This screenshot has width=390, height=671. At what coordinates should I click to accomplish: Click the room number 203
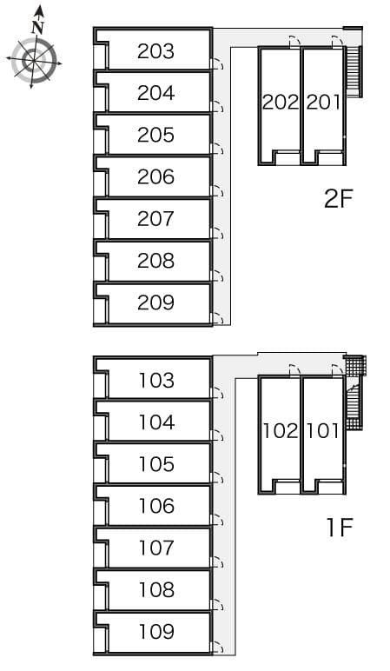(155, 51)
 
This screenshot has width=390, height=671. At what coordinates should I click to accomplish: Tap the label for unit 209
(155, 302)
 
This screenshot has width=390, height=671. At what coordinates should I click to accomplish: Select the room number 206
(155, 176)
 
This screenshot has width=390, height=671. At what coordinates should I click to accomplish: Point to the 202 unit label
(280, 103)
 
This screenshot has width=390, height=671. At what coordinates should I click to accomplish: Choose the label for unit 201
(323, 103)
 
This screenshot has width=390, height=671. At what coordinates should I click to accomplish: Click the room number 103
(156, 381)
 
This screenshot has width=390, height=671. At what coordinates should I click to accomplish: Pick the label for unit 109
(156, 632)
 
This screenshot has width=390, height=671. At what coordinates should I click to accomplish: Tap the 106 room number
(156, 506)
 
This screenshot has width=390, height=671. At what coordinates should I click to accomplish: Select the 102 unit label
(280, 431)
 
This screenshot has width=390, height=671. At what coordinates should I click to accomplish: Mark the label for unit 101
(323, 431)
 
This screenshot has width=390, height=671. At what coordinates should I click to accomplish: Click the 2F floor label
(338, 198)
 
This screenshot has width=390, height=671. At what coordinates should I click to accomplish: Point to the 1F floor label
(340, 528)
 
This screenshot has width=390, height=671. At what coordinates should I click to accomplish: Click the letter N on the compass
(38, 28)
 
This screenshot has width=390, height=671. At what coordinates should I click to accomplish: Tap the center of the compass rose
(34, 61)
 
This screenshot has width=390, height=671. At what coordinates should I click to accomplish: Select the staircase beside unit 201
(354, 71)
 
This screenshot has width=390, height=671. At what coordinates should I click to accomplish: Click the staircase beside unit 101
(355, 403)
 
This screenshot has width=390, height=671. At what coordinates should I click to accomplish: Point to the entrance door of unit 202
(294, 41)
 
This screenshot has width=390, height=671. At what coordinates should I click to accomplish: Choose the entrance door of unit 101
(337, 370)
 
